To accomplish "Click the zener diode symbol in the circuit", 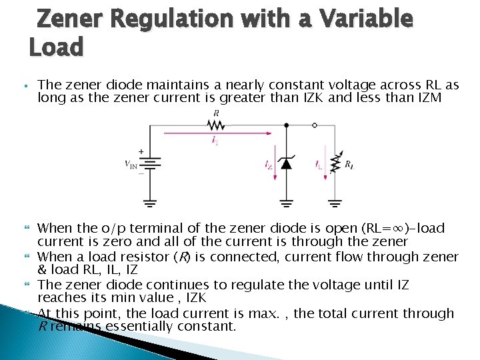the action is (286, 163).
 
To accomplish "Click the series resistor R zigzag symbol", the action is (215, 125).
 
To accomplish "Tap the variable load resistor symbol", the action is (335, 164).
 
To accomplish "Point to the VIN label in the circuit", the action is (131, 165).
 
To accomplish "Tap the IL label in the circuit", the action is (319, 164).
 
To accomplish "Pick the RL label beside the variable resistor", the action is (349, 164).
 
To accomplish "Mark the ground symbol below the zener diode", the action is (286, 201).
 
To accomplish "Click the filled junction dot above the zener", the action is (286, 125).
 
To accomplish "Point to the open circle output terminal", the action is (314, 125).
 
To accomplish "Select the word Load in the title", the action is (56, 47).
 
